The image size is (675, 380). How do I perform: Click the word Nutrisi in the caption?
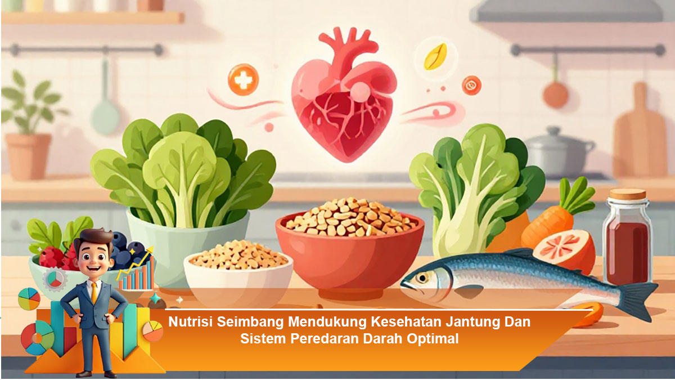[191, 322]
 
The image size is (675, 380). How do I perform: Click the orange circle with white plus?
[243, 79]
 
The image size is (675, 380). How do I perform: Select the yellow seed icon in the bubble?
[435, 57]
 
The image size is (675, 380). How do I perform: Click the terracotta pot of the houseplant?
[28, 157]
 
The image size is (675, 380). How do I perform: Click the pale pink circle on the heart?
[360, 91]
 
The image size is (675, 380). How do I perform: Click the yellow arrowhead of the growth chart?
[150, 250]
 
